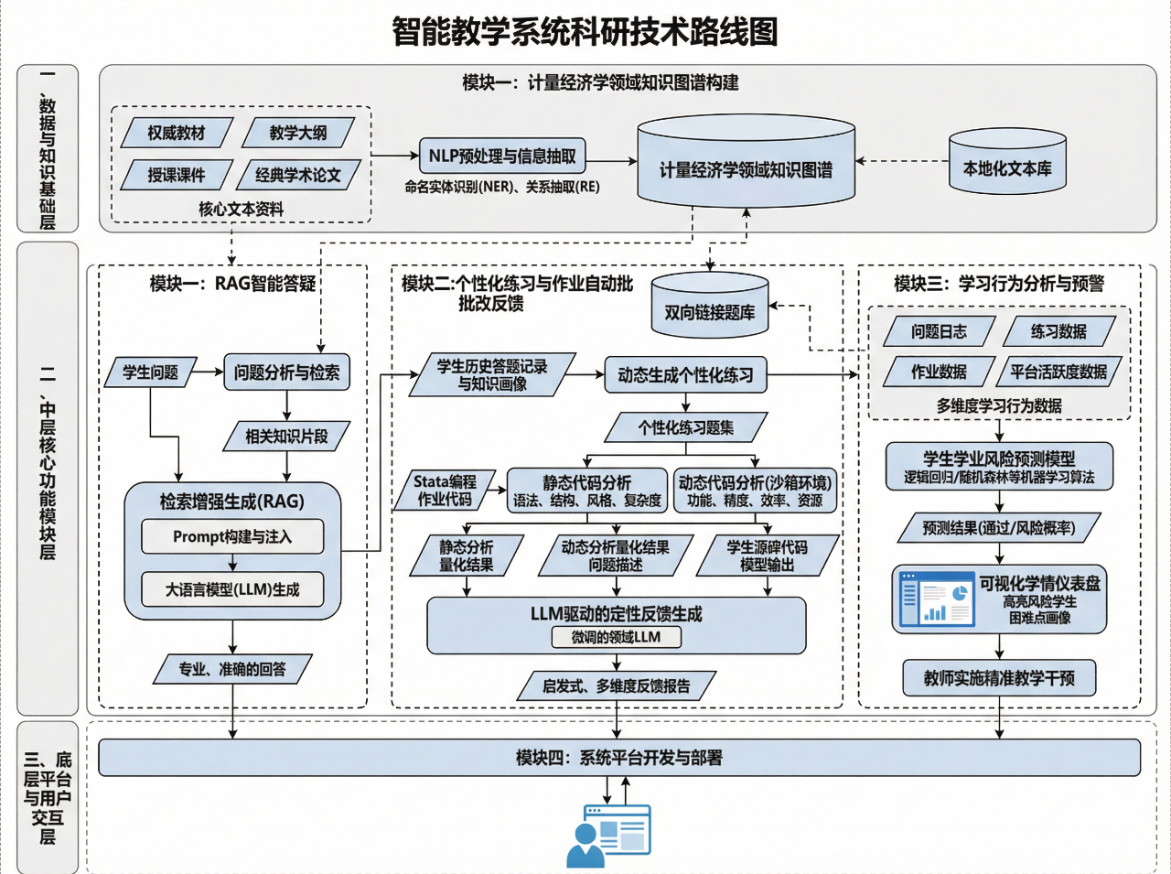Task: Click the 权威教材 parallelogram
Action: [x=177, y=133]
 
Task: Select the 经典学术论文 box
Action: [x=297, y=175]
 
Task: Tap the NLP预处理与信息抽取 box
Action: [x=502, y=156]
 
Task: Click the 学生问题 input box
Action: [x=151, y=372]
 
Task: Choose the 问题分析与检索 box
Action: [x=286, y=372]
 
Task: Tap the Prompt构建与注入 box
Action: [x=232, y=536]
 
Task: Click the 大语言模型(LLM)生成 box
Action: [x=232, y=589]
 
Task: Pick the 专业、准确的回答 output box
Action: [x=232, y=669]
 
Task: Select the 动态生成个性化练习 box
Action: [x=685, y=374]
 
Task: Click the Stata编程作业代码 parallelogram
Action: [x=445, y=490]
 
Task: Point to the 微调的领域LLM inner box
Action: [x=616, y=637]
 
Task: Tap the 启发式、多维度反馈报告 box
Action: [x=616, y=685]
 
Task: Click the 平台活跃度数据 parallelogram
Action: [x=1058, y=372]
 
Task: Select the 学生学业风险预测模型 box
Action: [x=999, y=467]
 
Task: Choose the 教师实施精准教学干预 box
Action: [x=999, y=678]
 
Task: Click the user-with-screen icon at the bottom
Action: [x=608, y=835]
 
